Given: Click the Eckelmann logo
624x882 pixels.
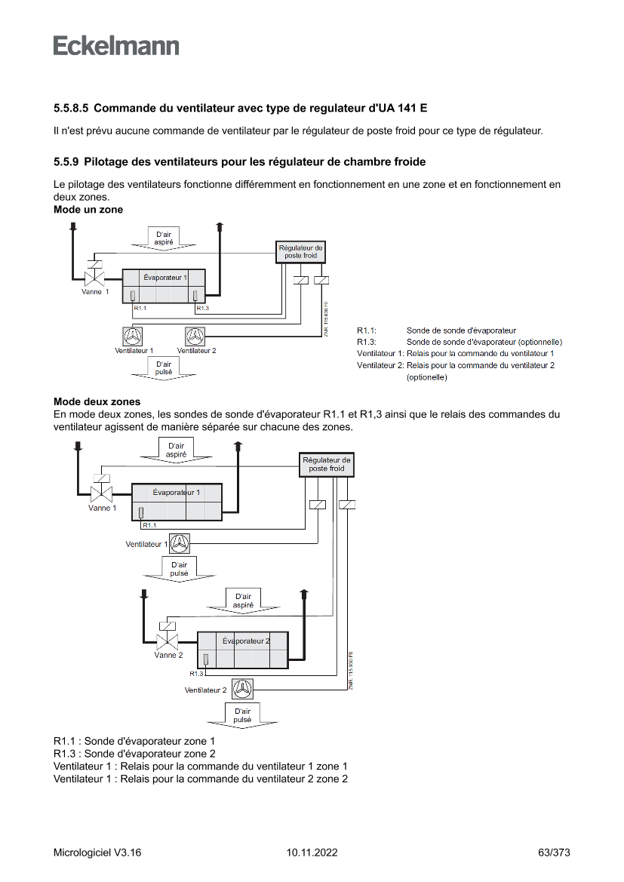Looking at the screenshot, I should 116,45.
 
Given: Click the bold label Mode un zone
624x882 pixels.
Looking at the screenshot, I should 88,210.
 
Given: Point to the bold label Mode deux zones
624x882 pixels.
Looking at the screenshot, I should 97,401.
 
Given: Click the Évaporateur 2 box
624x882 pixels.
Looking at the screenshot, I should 242,650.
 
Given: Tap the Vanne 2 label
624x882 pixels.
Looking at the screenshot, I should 168,655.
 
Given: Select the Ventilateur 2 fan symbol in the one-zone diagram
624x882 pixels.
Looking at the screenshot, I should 195,336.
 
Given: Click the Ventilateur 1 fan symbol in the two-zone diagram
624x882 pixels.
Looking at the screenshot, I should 180,543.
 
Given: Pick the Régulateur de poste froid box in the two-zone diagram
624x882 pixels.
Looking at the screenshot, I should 326,464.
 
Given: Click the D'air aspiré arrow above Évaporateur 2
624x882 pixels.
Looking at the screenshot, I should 242,601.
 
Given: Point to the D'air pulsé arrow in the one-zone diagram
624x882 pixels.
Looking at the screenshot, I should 163,369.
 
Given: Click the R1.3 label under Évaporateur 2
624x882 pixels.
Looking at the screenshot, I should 196,673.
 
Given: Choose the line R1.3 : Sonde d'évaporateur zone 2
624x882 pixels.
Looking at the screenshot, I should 134,754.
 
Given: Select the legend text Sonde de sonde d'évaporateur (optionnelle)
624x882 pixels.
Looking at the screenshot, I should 484,342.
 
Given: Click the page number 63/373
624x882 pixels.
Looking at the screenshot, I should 554,853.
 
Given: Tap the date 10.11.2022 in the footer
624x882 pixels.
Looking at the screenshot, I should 312,853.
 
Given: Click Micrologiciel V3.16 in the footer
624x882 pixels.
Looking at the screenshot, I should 97,853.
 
